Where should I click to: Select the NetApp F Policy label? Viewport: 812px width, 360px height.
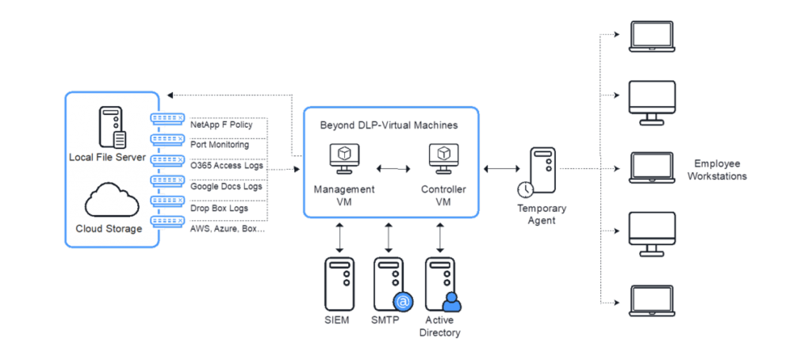click(221, 125)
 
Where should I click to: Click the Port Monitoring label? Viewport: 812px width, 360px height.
click(220, 145)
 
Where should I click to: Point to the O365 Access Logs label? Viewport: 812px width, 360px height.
click(227, 166)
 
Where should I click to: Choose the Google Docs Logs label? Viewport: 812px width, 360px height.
click(226, 186)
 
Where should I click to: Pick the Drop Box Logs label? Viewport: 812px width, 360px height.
click(219, 208)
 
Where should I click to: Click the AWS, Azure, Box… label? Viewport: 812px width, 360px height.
click(228, 228)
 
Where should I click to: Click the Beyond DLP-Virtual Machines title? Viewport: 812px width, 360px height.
click(389, 125)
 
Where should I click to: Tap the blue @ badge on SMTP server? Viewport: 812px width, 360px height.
click(402, 302)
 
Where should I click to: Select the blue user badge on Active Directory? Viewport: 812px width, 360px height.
click(451, 303)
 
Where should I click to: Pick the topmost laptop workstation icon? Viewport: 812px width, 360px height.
click(651, 35)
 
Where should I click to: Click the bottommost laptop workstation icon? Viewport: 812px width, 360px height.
click(651, 301)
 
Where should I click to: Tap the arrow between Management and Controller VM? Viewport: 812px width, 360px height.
click(393, 169)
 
